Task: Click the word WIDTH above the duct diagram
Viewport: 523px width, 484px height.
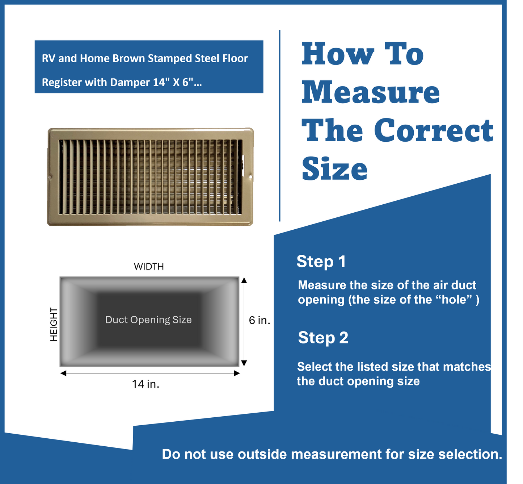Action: click(149, 267)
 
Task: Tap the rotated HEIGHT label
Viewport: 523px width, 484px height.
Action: click(54, 324)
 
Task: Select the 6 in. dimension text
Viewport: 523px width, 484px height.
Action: click(260, 320)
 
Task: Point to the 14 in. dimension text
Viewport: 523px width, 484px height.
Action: click(145, 384)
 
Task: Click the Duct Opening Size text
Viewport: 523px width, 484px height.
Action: click(148, 320)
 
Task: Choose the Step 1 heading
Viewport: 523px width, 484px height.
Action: click(321, 262)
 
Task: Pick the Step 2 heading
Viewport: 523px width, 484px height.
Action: click(323, 338)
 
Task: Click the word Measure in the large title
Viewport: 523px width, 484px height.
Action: click(371, 92)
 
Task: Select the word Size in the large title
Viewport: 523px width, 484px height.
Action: click(334, 169)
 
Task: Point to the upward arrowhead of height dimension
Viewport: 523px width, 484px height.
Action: click(244, 280)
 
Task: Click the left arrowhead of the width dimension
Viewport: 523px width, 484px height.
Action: click(63, 373)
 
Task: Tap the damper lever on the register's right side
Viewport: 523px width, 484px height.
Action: click(243, 162)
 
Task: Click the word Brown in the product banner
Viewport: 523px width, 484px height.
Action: click(128, 58)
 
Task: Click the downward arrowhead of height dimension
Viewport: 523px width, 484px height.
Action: click(244, 363)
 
